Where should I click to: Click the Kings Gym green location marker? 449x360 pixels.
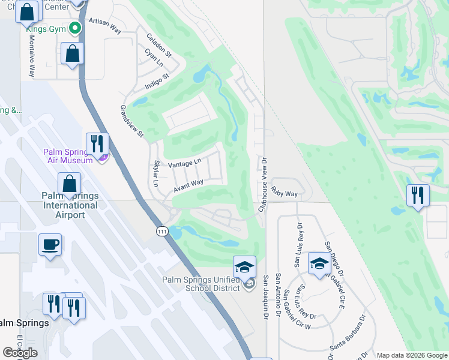point(75,28)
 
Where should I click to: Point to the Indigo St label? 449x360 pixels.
point(158,82)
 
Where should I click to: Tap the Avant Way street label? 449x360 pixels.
point(188,186)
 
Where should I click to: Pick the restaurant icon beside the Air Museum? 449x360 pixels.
point(97,143)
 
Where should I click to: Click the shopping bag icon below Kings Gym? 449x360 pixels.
point(71,53)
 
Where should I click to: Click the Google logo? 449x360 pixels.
point(20,353)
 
